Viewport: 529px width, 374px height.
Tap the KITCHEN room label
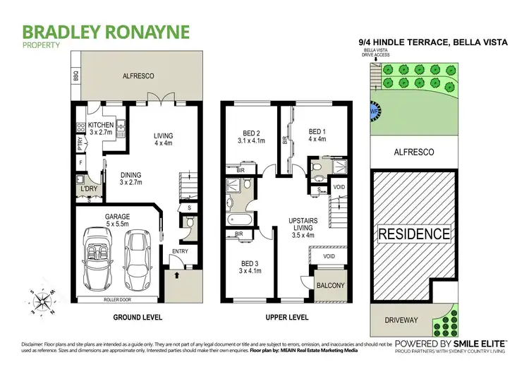click(x=101, y=124)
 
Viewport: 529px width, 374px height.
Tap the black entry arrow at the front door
click(x=176, y=275)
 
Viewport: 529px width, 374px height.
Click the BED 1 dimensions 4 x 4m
click(x=317, y=139)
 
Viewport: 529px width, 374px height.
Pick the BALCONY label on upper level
click(x=329, y=285)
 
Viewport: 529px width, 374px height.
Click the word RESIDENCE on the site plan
click(x=414, y=234)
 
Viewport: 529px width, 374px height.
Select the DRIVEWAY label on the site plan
click(x=400, y=319)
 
